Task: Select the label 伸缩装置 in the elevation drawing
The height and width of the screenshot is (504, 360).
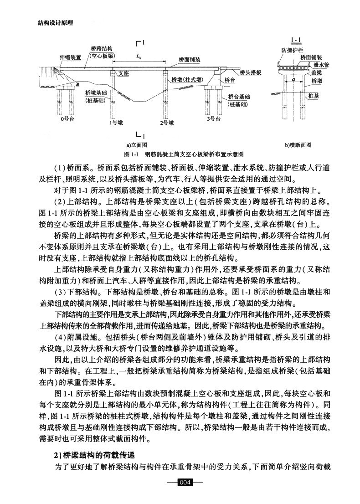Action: click(70, 58)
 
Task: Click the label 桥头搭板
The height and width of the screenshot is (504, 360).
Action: click(250, 72)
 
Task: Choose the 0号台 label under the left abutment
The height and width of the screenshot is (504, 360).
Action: click(67, 119)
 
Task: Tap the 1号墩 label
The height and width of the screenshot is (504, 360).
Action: click(116, 123)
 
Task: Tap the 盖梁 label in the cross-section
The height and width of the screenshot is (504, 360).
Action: click(317, 72)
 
